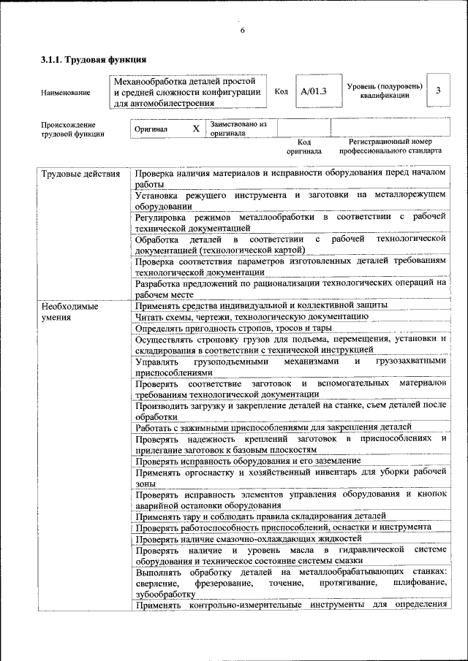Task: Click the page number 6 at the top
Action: tap(242, 30)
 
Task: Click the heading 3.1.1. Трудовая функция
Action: tap(94, 59)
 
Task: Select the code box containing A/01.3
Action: tap(314, 91)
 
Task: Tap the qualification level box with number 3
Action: tap(437, 91)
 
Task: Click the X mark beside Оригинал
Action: tap(195, 129)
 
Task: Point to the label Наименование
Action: tap(66, 93)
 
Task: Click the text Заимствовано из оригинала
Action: tap(238, 129)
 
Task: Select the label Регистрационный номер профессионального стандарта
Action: tap(390, 146)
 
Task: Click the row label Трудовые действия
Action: tap(80, 174)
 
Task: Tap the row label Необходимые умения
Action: tap(69, 311)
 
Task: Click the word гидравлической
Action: tap(366, 549)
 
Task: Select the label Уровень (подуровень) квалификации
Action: tap(384, 91)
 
